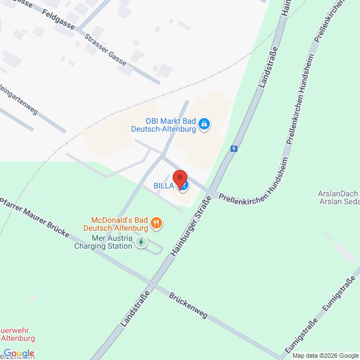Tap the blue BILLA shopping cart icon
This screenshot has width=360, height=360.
point(183,185)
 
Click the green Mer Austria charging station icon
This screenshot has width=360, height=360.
point(141,242)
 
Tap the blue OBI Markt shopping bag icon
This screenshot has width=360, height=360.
point(204,124)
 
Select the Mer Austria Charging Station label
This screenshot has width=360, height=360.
point(103,242)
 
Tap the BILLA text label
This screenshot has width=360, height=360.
point(164,185)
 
